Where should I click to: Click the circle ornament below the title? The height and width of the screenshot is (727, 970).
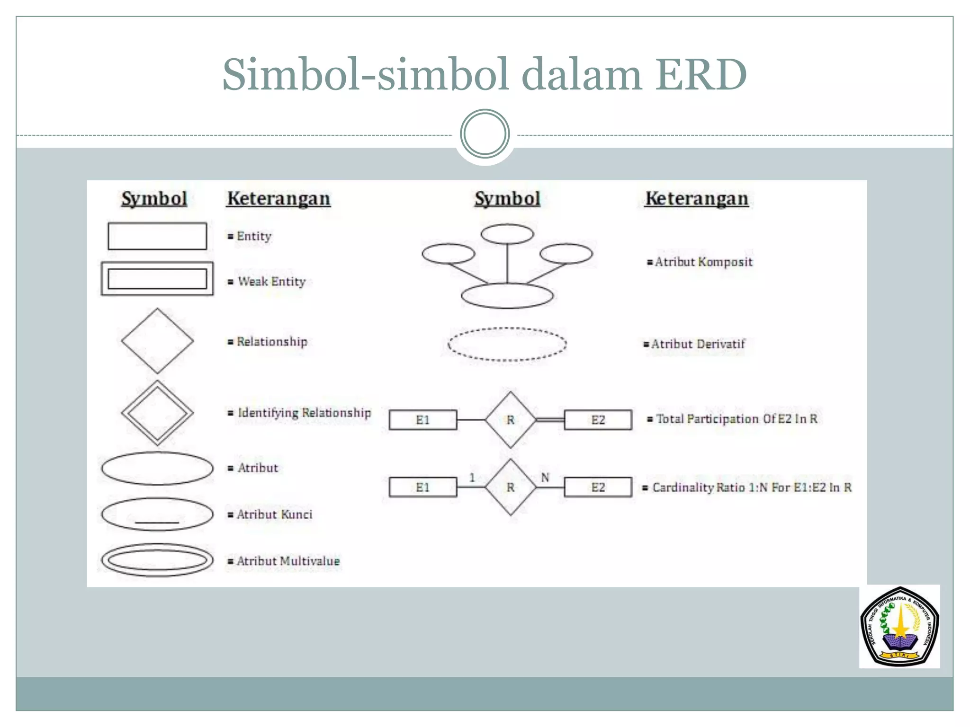tap(485, 134)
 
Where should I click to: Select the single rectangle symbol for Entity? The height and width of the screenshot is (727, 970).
tap(157, 236)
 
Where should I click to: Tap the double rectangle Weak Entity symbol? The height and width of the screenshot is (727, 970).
tap(157, 279)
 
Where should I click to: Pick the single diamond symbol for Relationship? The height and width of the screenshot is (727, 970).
tap(157, 341)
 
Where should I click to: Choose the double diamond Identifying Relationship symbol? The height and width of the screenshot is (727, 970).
tap(157, 413)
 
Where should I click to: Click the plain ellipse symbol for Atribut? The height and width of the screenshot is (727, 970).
tap(157, 468)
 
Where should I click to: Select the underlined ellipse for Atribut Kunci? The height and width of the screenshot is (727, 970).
tap(157, 514)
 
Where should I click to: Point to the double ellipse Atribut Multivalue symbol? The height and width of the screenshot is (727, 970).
tap(157, 560)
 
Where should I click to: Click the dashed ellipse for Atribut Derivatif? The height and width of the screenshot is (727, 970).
tap(507, 344)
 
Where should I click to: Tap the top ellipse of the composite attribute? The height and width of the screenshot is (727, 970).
tap(507, 234)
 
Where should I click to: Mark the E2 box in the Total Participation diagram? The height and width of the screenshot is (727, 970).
tap(598, 420)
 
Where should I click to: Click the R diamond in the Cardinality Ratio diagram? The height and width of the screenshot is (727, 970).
tap(511, 487)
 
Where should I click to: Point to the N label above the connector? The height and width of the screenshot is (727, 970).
tap(545, 478)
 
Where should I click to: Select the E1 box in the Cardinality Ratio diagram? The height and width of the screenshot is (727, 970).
tap(423, 487)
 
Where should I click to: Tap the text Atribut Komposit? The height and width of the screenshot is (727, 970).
tap(703, 262)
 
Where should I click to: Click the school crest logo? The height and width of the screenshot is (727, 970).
tap(899, 626)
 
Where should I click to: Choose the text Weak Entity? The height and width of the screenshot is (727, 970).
tap(271, 282)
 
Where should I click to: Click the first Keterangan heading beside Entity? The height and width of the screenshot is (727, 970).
tap(278, 199)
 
